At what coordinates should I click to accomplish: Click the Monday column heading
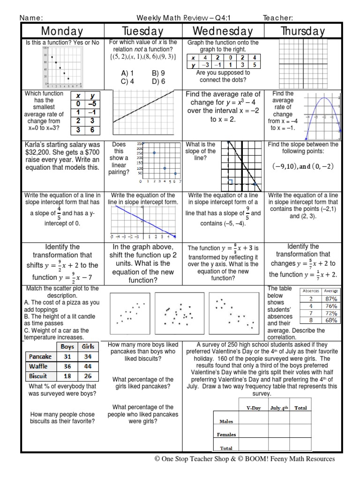pyautogui.click(x=62, y=31)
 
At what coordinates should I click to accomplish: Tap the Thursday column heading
pyautogui.click(x=302, y=31)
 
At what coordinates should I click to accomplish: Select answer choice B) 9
pyautogui.click(x=158, y=73)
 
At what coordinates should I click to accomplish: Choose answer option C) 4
pyautogui.click(x=127, y=81)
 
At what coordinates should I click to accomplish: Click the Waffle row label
pyautogui.click(x=38, y=366)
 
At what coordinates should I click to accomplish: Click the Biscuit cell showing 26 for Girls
pyautogui.click(x=88, y=376)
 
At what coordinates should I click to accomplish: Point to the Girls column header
pyautogui.click(x=88, y=346)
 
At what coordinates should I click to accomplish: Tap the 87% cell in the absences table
pyautogui.click(x=331, y=299)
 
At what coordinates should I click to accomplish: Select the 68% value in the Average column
pyautogui.click(x=331, y=321)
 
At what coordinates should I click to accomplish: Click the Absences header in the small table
pyautogui.click(x=311, y=291)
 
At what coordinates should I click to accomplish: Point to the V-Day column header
pyautogui.click(x=254, y=408)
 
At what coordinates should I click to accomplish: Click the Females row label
pyautogui.click(x=226, y=435)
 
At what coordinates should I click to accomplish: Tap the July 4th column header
pyautogui.click(x=279, y=408)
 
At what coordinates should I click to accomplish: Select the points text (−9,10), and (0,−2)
pyautogui.click(x=303, y=166)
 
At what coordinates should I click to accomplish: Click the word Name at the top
pyautogui.click(x=30, y=18)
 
